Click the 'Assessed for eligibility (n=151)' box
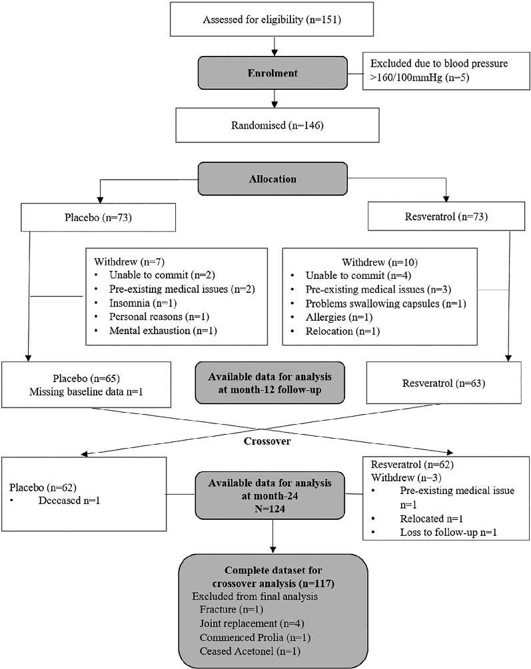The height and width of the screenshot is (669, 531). click(x=272, y=19)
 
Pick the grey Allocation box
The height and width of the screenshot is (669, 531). click(x=272, y=179)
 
